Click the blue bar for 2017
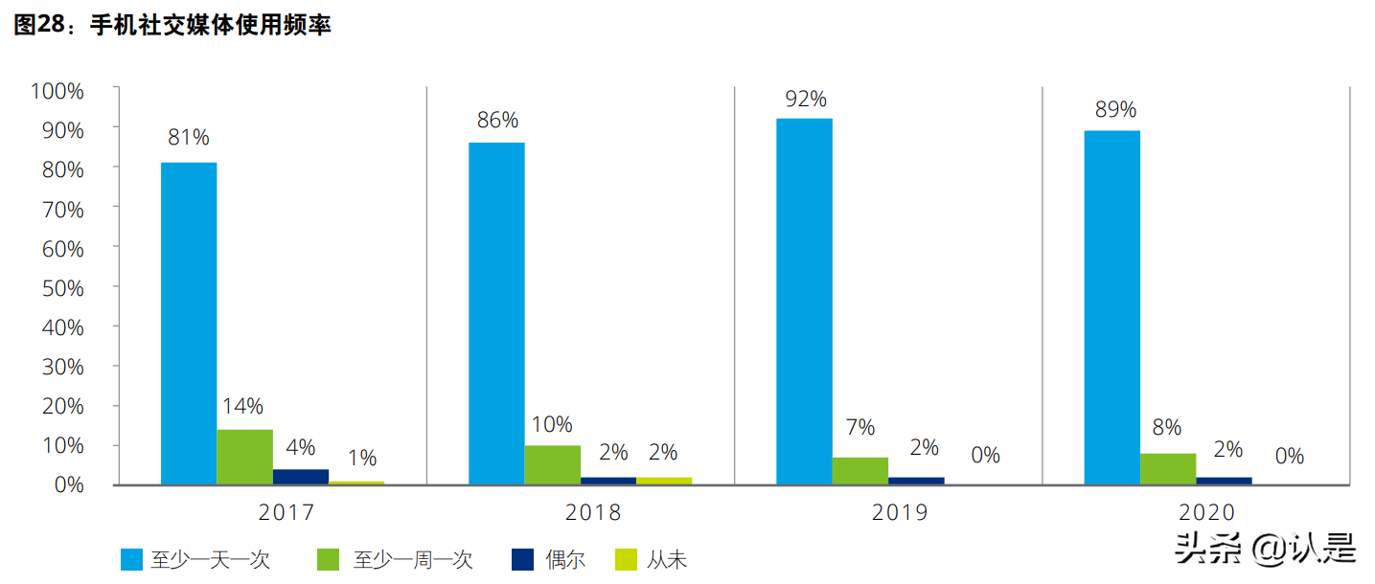[x=189, y=324]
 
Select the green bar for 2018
[x=552, y=465]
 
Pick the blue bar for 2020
[x=1111, y=307]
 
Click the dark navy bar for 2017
[x=301, y=477]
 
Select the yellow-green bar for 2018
[x=663, y=481]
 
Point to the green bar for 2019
[x=859, y=471]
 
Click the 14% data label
[x=243, y=406]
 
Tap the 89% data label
[x=1115, y=108]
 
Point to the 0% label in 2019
[x=985, y=455]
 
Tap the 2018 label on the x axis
[x=593, y=513]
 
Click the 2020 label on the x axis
[x=1206, y=513]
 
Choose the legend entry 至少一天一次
[x=196, y=560]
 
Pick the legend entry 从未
[x=652, y=560]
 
